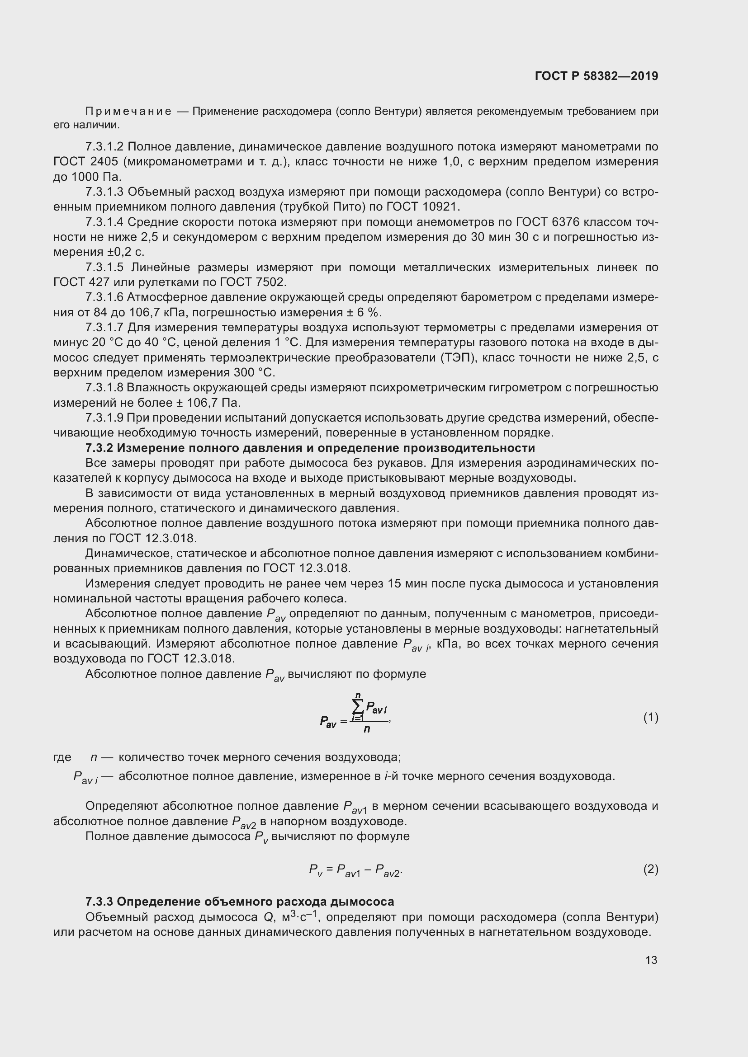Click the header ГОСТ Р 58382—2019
(597, 76)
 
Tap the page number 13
(651, 960)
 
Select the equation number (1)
(650, 717)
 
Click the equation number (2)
(650, 869)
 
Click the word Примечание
(128, 112)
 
